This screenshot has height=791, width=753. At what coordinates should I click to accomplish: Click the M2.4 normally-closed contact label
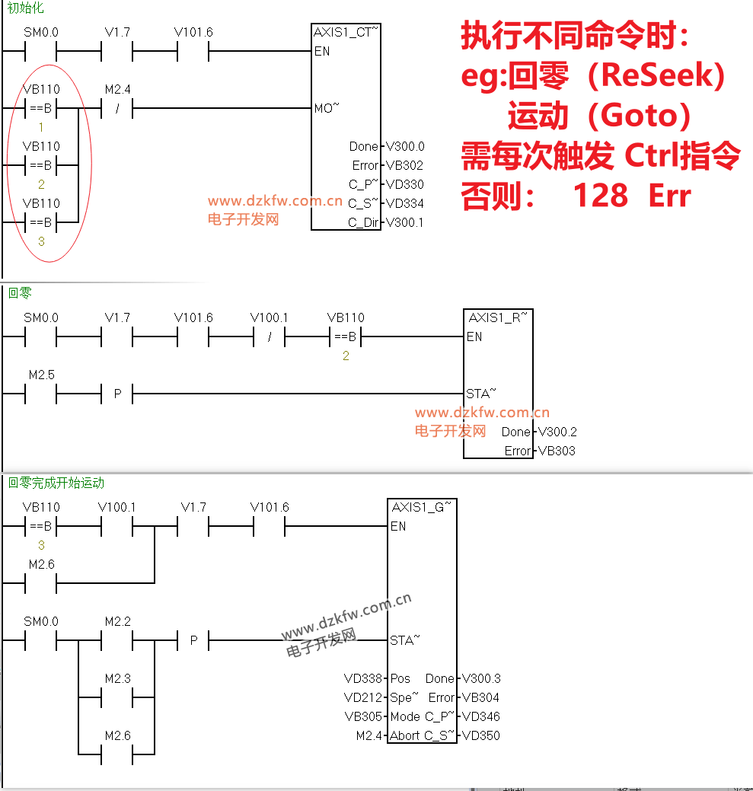(x=117, y=89)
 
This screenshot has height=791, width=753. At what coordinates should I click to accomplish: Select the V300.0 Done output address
(x=405, y=146)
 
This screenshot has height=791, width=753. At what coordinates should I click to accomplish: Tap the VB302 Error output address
(x=404, y=165)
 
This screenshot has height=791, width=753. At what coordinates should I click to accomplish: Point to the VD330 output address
(x=404, y=185)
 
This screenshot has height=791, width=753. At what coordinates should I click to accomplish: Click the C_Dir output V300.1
(x=404, y=222)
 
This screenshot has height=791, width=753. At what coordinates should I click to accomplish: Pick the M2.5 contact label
(x=41, y=375)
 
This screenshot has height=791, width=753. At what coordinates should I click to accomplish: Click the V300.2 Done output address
(x=557, y=432)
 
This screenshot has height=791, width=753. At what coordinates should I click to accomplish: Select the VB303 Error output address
(x=557, y=451)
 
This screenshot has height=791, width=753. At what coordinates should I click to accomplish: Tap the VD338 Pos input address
(x=363, y=678)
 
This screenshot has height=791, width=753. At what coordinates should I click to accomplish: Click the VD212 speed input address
(x=363, y=697)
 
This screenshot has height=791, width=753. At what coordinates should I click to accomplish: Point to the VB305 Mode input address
(x=363, y=717)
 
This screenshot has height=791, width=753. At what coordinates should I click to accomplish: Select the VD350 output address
(x=480, y=735)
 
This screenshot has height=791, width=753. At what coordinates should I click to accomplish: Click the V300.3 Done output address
(x=481, y=678)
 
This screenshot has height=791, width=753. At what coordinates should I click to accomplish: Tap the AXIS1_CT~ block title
(x=346, y=32)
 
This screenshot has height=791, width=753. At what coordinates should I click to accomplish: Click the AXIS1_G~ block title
(x=422, y=507)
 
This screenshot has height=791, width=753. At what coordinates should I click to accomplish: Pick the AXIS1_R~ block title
(x=498, y=317)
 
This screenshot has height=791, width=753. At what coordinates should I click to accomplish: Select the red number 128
(x=601, y=195)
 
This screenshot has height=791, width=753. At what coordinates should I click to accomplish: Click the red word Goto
(x=640, y=116)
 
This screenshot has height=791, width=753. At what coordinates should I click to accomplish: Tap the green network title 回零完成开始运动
(x=56, y=483)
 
